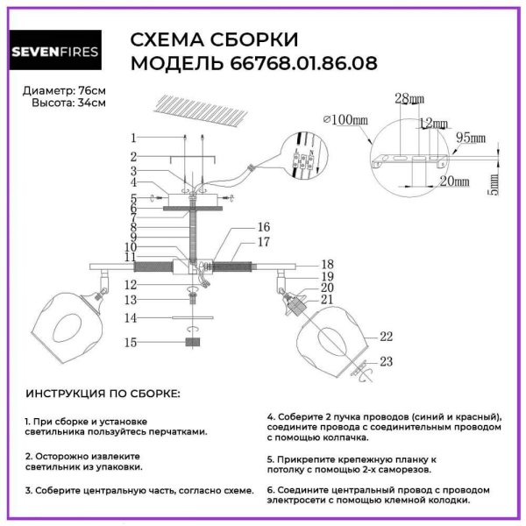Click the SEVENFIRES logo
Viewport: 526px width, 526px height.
54,50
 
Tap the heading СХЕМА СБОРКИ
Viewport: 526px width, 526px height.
214,39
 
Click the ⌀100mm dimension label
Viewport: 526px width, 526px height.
345,119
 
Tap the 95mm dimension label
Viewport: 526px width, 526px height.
470,139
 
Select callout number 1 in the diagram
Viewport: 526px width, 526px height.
133,138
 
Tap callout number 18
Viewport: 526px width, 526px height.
327,263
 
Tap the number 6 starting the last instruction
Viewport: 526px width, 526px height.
270,489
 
